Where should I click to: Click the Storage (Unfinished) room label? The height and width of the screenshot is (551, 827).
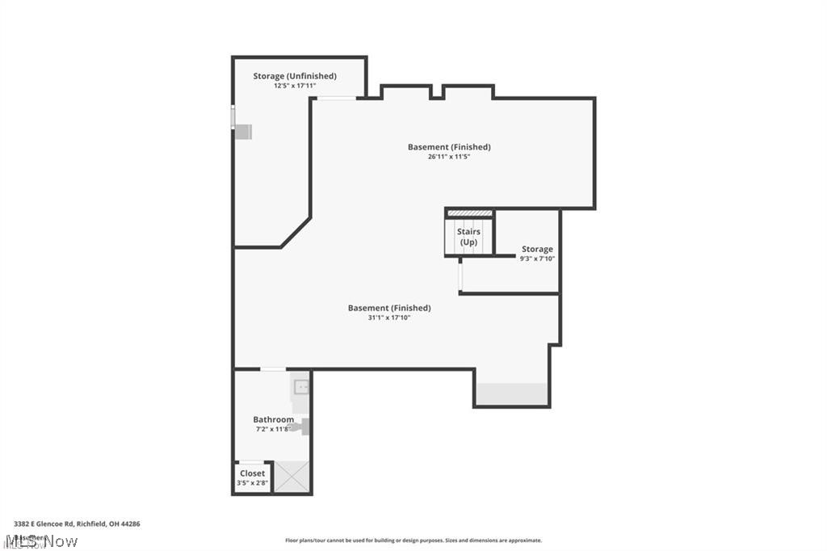294,76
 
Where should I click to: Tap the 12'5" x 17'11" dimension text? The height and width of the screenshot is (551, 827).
294,86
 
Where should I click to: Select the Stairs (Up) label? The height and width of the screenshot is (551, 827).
468,237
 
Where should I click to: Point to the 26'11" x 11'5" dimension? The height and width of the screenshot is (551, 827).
449,157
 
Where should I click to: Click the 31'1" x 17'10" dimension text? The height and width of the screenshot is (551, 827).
389,318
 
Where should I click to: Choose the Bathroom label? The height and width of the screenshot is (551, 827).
273,419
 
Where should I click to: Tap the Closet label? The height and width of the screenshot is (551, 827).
252,473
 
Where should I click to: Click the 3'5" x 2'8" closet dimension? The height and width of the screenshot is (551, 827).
252,483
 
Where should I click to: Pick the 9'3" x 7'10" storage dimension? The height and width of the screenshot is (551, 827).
537,259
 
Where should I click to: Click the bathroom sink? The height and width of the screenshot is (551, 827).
300,387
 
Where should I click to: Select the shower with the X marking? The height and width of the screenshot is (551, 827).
292,476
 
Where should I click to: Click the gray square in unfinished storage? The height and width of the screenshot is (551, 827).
243,131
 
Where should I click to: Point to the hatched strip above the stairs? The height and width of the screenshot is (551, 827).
469,213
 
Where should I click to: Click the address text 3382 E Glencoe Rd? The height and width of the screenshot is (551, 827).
77,524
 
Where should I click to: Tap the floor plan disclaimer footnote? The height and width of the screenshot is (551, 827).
413,540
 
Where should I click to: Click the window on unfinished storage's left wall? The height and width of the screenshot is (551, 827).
233,117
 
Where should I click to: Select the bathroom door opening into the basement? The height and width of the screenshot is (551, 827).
272,369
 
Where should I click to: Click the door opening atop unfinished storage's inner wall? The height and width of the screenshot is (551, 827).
335,99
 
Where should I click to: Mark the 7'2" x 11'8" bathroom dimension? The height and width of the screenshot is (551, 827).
273,429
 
